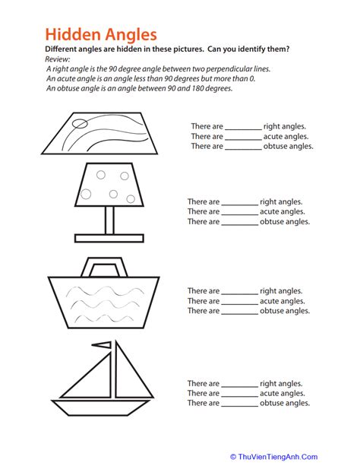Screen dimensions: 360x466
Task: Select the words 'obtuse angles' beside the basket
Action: click(x=285, y=311)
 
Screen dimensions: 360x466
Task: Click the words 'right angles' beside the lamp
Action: click(x=281, y=202)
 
